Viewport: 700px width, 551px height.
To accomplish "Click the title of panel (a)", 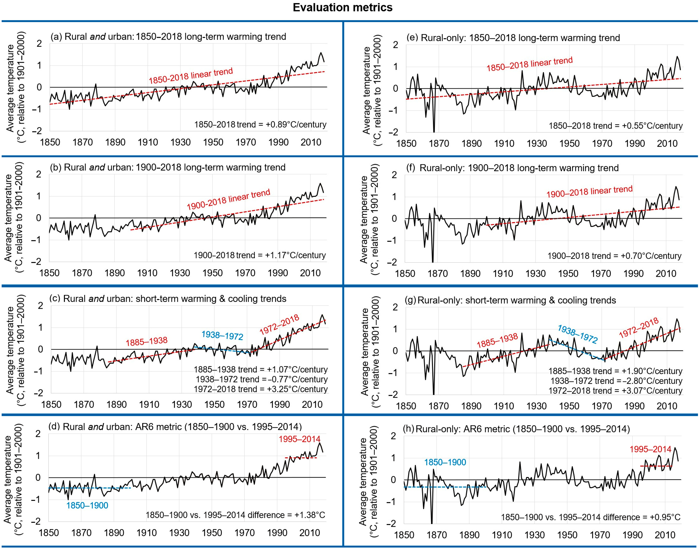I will [x=168, y=36].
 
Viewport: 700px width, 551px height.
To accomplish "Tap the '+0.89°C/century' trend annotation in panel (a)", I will [x=260, y=124].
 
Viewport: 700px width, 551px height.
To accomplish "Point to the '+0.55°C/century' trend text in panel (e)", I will [x=615, y=126].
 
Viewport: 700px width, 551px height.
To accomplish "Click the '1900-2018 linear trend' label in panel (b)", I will [x=228, y=199].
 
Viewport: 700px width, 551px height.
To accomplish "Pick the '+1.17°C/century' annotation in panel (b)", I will [x=260, y=255].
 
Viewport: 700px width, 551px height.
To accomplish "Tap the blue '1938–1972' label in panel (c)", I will [x=222, y=335].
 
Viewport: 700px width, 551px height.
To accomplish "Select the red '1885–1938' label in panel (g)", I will [x=497, y=341].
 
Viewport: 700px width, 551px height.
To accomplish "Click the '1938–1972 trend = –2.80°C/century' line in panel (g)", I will [x=616, y=381].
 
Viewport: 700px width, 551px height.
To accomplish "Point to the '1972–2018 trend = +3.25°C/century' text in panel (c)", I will [x=261, y=389].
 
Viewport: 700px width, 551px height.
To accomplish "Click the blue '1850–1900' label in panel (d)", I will [x=87, y=505].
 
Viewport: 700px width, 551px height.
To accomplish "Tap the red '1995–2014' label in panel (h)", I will [x=650, y=449].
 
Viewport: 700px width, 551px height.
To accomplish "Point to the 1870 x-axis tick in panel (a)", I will [x=82, y=142].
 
